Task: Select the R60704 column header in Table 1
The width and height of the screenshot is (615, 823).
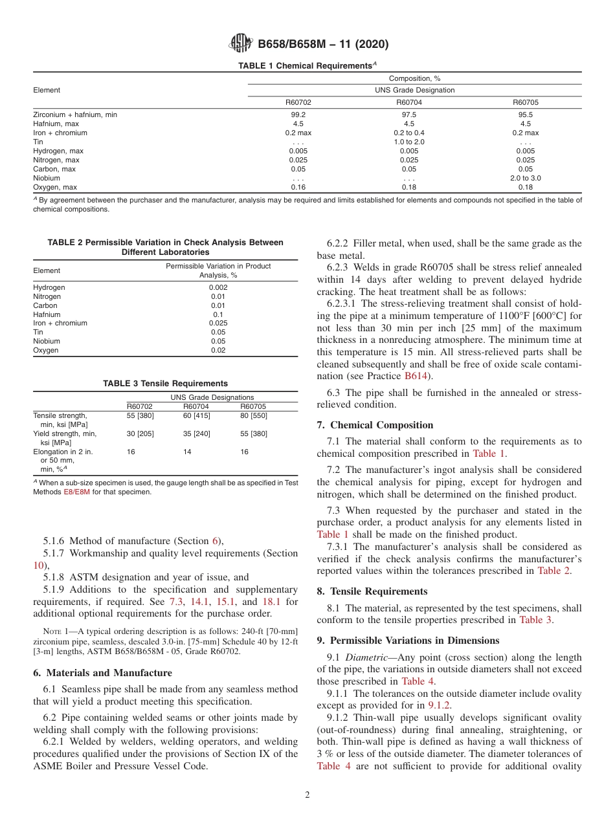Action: coord(408,102)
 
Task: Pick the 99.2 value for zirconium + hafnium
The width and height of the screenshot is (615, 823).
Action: coord(298,115)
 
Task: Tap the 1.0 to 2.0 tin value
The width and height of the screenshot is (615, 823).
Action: coord(408,142)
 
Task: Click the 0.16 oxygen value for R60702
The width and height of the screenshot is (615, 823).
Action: coord(298,187)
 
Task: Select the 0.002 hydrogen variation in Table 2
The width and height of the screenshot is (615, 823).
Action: coord(218,287)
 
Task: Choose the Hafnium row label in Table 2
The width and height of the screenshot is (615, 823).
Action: coord(47,314)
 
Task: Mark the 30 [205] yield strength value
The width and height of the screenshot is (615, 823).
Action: coord(140,433)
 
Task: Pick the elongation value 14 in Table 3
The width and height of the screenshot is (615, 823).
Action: coord(187,452)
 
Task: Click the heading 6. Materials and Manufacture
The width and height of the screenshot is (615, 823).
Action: coord(102,673)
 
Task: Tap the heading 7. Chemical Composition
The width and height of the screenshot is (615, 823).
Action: coord(375,425)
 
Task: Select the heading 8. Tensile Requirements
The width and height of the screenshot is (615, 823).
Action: coord(372,591)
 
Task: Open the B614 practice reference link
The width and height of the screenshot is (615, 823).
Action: coord(416,375)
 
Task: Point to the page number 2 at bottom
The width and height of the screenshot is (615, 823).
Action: coord(307,795)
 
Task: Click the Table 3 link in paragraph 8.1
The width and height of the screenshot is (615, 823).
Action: coord(535,620)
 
